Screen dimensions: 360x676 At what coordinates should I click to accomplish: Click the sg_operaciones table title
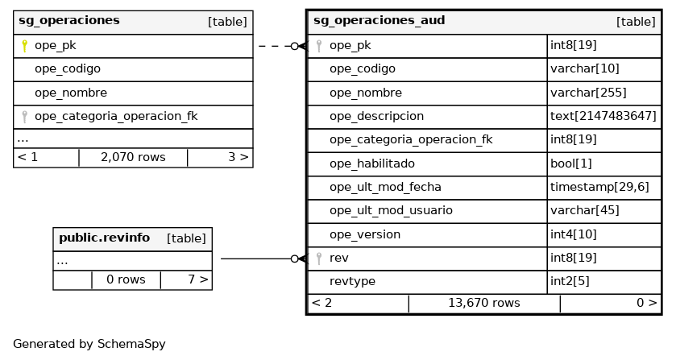69,21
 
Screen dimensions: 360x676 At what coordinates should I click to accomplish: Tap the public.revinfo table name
104,238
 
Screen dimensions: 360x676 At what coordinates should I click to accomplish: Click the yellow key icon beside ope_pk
25,46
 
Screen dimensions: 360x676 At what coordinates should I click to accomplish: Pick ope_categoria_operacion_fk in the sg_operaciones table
116,116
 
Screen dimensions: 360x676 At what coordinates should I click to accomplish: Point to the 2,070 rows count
133,157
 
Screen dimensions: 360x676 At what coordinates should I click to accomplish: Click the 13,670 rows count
483,303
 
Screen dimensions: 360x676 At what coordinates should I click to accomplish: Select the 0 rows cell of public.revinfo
126,279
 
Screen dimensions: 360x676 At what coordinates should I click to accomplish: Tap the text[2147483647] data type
603,116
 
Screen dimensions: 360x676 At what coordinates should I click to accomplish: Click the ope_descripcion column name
376,116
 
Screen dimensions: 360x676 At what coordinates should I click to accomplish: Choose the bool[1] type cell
571,163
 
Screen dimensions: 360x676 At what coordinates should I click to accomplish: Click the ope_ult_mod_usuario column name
391,210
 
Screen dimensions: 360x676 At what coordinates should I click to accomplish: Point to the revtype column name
352,281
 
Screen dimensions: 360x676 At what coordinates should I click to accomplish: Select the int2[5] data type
570,281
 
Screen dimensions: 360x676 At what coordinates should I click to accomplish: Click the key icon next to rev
319,258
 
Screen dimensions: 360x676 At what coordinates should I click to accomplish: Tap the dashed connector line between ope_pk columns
274,46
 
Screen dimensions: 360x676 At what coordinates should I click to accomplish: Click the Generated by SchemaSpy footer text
89,344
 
